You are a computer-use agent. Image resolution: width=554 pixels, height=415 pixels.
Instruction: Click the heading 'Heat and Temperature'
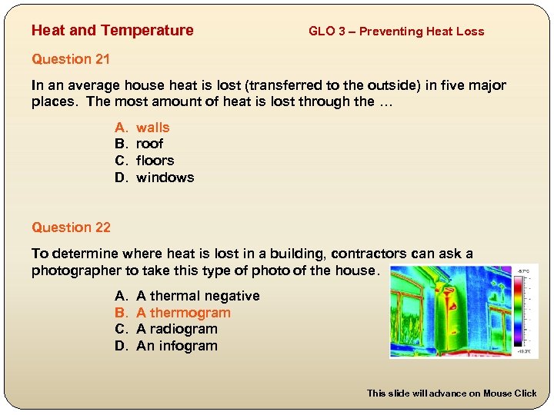pos(112,31)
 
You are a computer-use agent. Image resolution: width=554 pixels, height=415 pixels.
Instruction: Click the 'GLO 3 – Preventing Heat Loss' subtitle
pos(396,32)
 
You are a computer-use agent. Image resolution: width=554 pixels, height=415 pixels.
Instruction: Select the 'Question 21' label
pos(71,59)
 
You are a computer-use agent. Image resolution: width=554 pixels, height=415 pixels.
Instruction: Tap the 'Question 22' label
pos(71,227)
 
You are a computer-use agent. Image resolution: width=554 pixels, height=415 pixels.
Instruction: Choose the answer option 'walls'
pos(152,128)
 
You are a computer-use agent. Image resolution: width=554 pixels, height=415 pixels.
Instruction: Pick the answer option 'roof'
pos(149,144)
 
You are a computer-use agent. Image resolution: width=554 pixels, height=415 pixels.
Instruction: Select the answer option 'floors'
pos(155,161)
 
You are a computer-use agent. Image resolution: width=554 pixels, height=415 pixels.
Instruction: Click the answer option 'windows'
pos(165,178)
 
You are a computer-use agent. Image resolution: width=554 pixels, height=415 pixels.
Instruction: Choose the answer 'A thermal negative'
pos(198,296)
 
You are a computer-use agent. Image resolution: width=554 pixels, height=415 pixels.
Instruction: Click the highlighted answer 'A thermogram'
pos(183,313)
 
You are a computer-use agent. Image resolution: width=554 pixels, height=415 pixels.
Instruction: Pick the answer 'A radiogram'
pos(176,329)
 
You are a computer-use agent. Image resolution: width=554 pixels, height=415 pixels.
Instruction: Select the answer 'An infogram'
pos(176,346)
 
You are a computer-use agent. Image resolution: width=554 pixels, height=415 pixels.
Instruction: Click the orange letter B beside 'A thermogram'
pos(120,313)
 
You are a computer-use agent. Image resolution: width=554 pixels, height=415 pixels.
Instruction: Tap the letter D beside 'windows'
pos(120,178)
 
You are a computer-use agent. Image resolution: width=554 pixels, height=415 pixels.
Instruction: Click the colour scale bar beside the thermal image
pos(524,311)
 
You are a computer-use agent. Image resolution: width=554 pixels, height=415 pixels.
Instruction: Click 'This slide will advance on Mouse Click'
pos(452,393)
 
